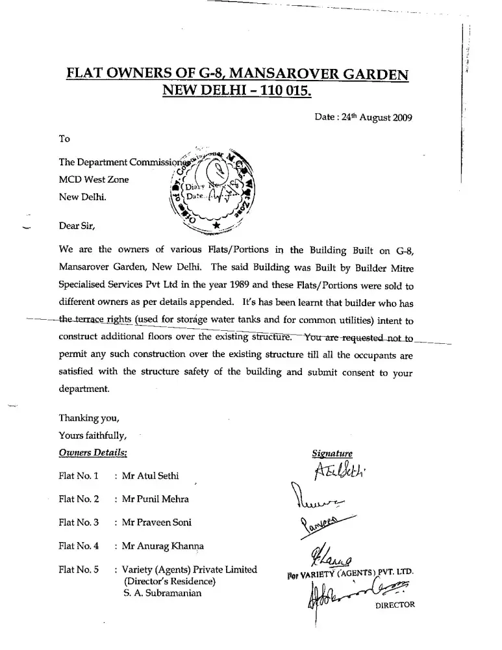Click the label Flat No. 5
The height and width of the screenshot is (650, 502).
(79, 569)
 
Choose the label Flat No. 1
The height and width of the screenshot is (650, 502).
(79, 476)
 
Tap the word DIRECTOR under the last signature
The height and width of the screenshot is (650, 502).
(395, 604)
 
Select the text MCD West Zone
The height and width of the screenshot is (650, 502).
(94, 179)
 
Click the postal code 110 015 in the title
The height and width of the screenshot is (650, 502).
(284, 92)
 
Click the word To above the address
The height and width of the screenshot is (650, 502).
(64, 138)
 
